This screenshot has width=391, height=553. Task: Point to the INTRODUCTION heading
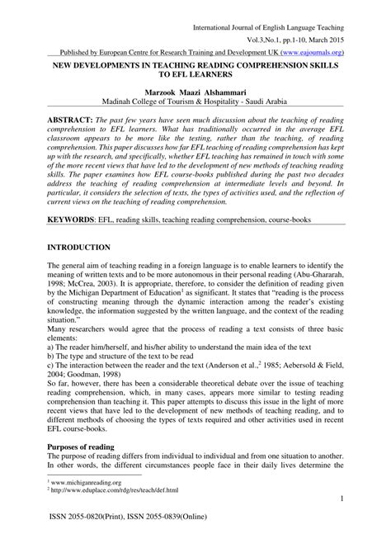pos(80,248)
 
